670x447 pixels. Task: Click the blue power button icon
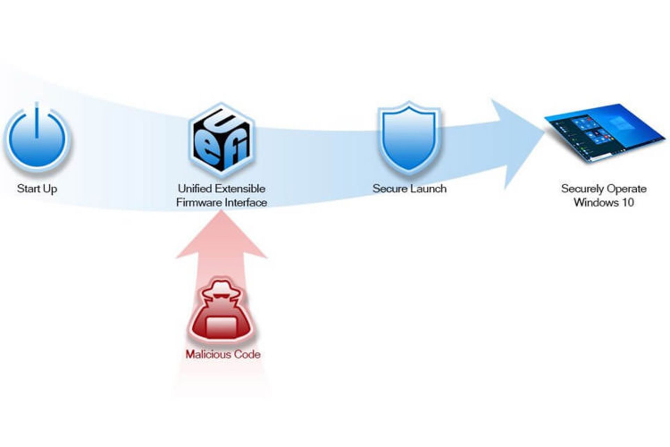pos(37,138)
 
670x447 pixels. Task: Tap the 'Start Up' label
pos(37,189)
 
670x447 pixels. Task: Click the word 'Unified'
pos(195,189)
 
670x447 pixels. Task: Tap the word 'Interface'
pos(246,203)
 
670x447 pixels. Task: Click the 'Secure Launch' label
pos(409,189)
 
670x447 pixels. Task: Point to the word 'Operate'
pos(626,189)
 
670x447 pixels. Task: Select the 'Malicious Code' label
pos(223,354)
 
